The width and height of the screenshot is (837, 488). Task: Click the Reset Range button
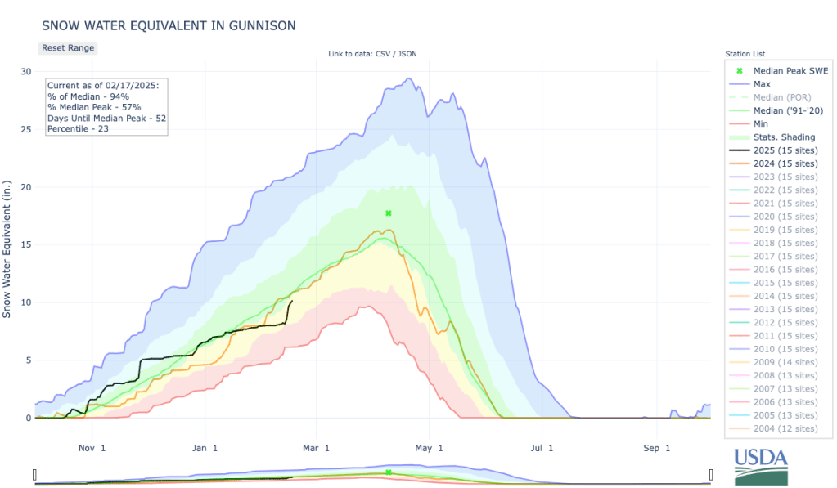click(x=68, y=47)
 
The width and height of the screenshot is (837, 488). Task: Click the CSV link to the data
click(x=389, y=54)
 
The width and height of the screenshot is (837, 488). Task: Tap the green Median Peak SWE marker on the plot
click(x=389, y=213)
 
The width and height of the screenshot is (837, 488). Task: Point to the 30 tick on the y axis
click(x=26, y=72)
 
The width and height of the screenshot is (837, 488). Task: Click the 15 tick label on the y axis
click(x=26, y=245)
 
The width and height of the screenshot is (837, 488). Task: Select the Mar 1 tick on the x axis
click(x=316, y=448)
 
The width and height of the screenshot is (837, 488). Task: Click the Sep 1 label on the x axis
click(x=656, y=448)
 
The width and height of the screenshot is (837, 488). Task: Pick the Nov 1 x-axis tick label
click(x=92, y=448)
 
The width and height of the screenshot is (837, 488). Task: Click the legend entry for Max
click(x=762, y=84)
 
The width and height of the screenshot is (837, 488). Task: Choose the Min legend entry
click(x=762, y=124)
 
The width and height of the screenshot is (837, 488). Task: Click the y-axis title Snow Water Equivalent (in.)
click(x=7, y=245)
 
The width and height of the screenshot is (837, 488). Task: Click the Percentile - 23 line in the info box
click(x=74, y=129)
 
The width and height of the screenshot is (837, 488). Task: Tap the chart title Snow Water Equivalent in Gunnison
click(x=169, y=26)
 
